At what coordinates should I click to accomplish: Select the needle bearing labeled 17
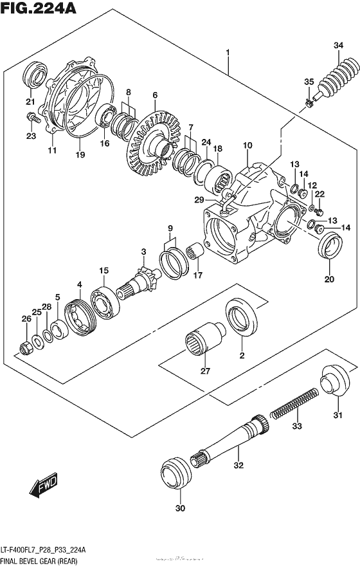[x=195, y=252]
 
